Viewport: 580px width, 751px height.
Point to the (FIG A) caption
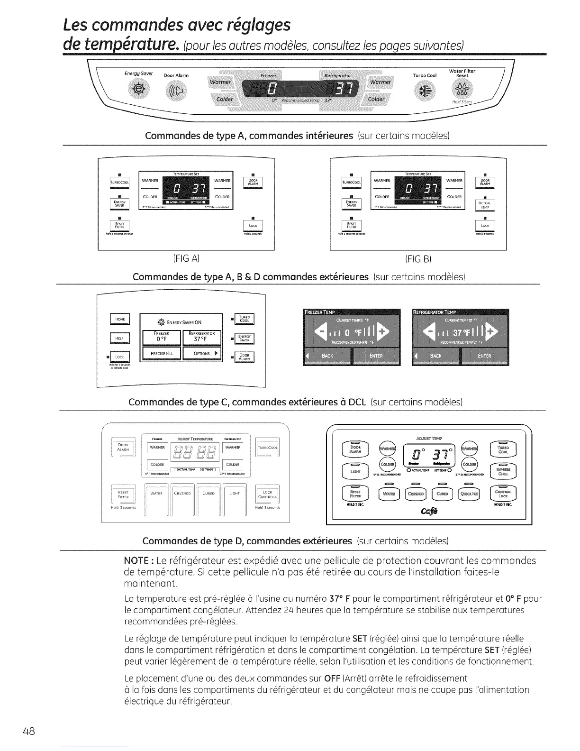[x=186, y=259]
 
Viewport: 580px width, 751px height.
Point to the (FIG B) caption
[x=418, y=259]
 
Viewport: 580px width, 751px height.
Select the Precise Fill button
[x=162, y=354]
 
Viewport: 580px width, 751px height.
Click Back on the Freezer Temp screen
[x=327, y=356]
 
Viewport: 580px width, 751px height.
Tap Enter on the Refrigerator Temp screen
[x=484, y=356]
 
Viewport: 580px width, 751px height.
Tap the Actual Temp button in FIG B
[x=484, y=205]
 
